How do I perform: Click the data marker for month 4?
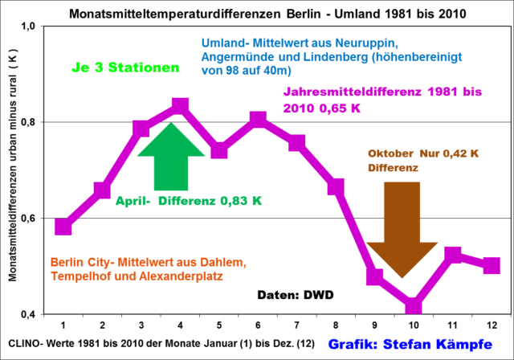(x=180, y=106)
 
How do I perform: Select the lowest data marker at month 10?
(x=414, y=306)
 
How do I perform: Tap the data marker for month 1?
(x=63, y=227)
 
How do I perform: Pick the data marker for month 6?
(x=258, y=120)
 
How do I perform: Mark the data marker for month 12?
(x=492, y=265)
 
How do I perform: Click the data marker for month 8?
(x=336, y=187)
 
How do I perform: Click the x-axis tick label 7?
(x=297, y=325)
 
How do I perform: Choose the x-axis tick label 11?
(x=452, y=325)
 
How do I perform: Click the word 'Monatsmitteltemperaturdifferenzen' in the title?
(x=161, y=12)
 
